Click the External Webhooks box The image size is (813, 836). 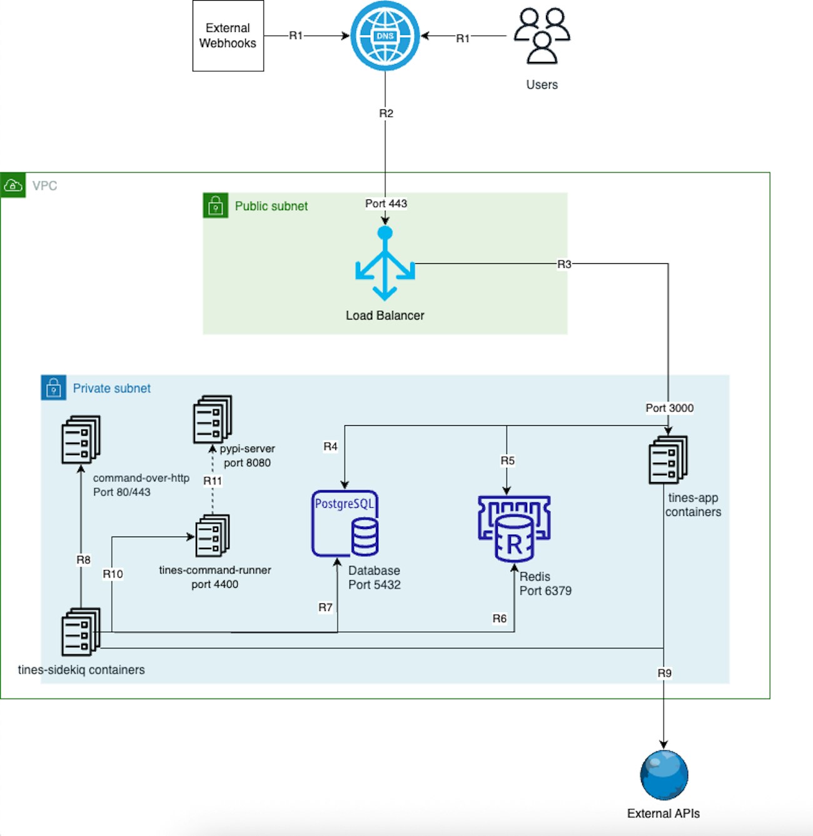228,36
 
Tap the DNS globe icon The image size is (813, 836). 385,36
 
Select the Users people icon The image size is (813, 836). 542,36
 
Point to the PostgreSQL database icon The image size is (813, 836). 345,524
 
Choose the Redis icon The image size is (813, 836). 514,528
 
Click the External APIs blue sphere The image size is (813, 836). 664,775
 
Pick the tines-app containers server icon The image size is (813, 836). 668,460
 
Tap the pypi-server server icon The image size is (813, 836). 213,419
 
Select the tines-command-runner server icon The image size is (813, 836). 213,536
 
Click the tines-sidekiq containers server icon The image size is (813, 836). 81,632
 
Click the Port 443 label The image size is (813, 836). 386,204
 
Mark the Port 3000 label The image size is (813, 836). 669,408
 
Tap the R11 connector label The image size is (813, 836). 213,481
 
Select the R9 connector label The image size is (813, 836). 664,673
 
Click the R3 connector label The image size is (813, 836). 564,264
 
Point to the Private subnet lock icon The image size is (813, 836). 53,388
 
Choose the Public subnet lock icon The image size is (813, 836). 216,206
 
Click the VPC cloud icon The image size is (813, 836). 13,186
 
